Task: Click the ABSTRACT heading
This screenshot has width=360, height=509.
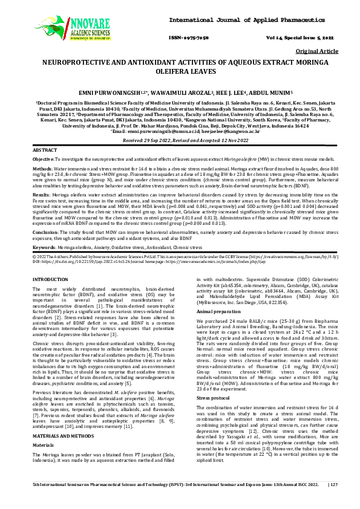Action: (x=45, y=149)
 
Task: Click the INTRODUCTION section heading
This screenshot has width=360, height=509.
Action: (x=50, y=279)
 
